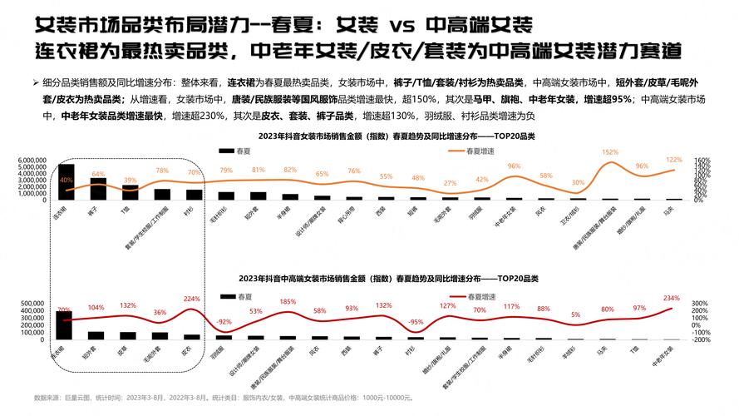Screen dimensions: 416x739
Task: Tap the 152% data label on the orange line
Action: [x=610, y=152]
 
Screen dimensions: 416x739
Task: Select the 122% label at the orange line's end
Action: [x=673, y=159]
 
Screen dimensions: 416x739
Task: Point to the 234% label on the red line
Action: [x=672, y=297]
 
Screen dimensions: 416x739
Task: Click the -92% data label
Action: [x=224, y=321]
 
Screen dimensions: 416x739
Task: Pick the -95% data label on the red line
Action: [x=416, y=321]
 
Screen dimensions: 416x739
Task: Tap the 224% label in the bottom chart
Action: [x=192, y=299]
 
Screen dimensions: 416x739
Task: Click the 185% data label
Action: [x=288, y=301]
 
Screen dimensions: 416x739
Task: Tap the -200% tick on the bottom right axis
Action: [x=701, y=339]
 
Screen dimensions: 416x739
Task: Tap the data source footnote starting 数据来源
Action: [x=224, y=398]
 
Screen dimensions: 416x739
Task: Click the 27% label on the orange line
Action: [x=450, y=183]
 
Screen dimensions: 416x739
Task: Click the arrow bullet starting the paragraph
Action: [x=36, y=83]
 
